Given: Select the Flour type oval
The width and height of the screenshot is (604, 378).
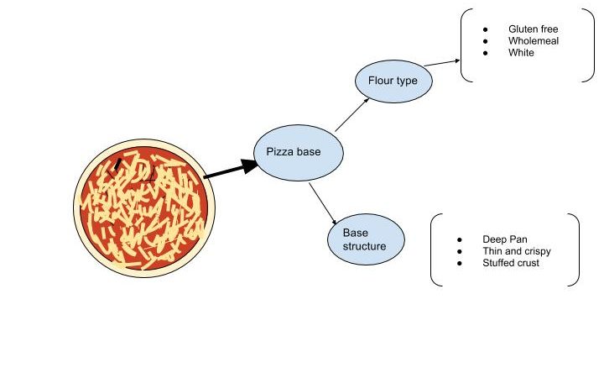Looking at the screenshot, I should pyautogui.click(x=399, y=81).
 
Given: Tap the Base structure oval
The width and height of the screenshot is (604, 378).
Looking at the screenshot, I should pyautogui.click(x=366, y=239).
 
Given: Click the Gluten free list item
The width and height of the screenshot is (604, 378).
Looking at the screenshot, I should pyautogui.click(x=533, y=29).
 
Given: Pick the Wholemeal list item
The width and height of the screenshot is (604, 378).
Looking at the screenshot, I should pyautogui.click(x=533, y=41).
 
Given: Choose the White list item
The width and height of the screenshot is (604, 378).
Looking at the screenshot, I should pyautogui.click(x=521, y=53).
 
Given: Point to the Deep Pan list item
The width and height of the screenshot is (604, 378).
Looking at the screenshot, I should pyautogui.click(x=505, y=239).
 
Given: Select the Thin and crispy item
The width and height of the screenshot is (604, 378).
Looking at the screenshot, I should pyautogui.click(x=516, y=251).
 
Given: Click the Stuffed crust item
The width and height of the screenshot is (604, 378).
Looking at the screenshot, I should pyautogui.click(x=511, y=263).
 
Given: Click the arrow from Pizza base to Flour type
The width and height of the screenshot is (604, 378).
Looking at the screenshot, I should pyautogui.click(x=352, y=114).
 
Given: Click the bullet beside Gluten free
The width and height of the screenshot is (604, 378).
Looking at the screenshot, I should pyautogui.click(x=485, y=29).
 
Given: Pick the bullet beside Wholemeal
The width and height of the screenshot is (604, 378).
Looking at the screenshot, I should pyautogui.click(x=485, y=41).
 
